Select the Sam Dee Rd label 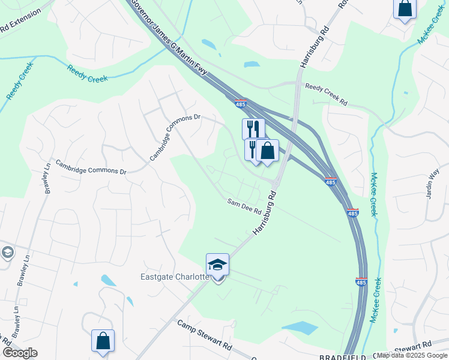[244, 207]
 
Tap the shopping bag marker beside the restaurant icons [268, 151]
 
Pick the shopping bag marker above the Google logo [103, 340]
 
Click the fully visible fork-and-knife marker [253, 128]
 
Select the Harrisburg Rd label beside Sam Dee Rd [264, 212]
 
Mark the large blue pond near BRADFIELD [300, 328]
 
